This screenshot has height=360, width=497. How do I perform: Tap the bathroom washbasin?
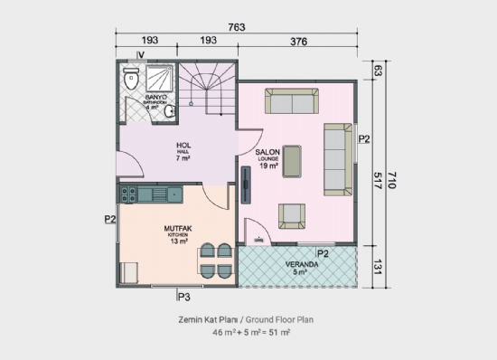pos(170,112)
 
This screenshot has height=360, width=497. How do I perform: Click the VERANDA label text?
pos(299,264)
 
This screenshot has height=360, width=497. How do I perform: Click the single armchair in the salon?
pos(291,215)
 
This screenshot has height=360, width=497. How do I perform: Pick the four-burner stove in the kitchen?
pos(129,192)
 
